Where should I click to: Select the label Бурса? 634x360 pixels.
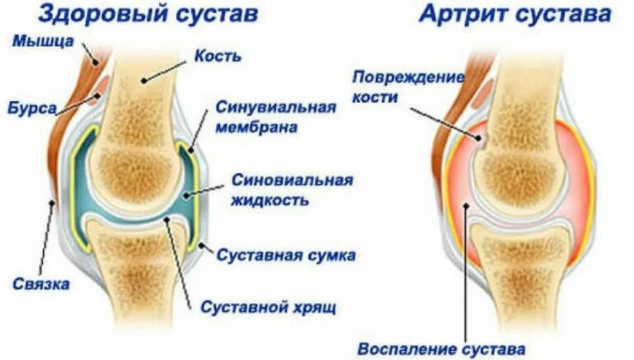coord(32,108)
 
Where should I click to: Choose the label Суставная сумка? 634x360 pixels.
coord(286,255)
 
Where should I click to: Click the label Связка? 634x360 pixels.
coord(40,283)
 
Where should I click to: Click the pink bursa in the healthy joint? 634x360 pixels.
coord(101,85)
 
